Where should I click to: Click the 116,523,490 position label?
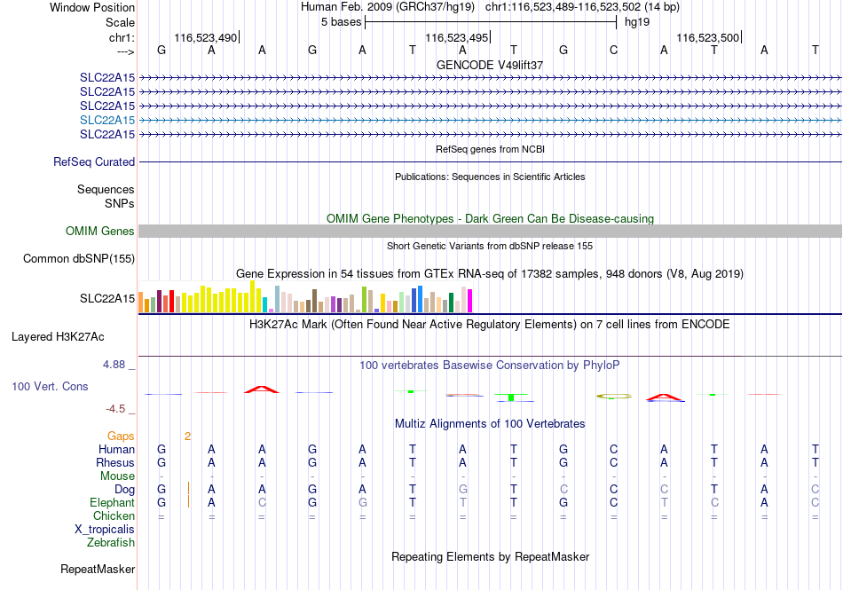(x=205, y=37)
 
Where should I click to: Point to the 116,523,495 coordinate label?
(x=456, y=37)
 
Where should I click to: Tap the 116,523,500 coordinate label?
(x=707, y=37)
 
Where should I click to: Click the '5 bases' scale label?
(x=342, y=22)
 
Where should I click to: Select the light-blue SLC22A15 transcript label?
(x=107, y=120)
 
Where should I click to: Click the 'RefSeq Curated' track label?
(x=94, y=161)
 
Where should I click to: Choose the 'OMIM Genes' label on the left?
(x=100, y=231)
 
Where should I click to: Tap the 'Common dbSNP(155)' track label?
(x=79, y=258)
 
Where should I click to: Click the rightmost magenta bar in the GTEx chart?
(x=469, y=301)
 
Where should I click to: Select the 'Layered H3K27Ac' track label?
(x=58, y=337)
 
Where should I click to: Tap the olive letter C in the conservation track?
(x=614, y=397)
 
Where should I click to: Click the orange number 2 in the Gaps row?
(x=187, y=437)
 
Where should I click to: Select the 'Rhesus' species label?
(x=115, y=462)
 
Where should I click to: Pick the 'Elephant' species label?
(x=113, y=502)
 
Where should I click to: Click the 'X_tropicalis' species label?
(x=105, y=530)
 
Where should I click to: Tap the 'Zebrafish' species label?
(x=111, y=543)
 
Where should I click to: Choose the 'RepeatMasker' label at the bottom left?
(x=98, y=569)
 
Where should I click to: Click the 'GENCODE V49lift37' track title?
(x=490, y=65)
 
